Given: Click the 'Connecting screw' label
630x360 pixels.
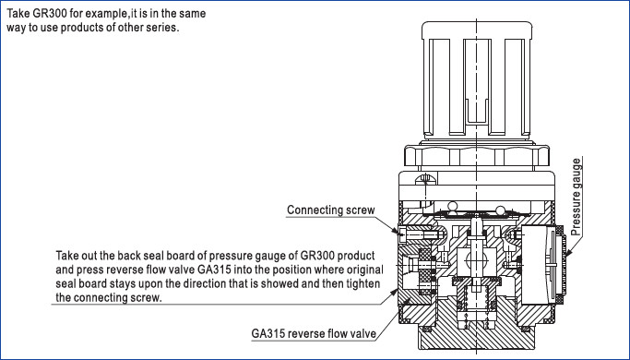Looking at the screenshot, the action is pos(330,210).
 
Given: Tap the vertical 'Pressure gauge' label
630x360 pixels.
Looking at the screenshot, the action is pos(577,198).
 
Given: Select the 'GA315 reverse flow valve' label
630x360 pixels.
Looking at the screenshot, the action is pos(314,333).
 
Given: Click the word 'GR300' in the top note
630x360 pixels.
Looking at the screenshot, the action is pos(50,13).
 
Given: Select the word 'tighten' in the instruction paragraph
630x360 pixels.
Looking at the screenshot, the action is pos(363,283).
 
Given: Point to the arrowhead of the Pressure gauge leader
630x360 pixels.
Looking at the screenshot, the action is pos(568,254).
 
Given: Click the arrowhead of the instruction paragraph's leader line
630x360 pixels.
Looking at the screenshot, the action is pos(394,292).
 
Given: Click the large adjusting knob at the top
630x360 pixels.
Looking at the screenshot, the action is pos(477,79).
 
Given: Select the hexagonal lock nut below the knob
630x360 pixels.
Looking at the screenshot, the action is pos(477,156).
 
